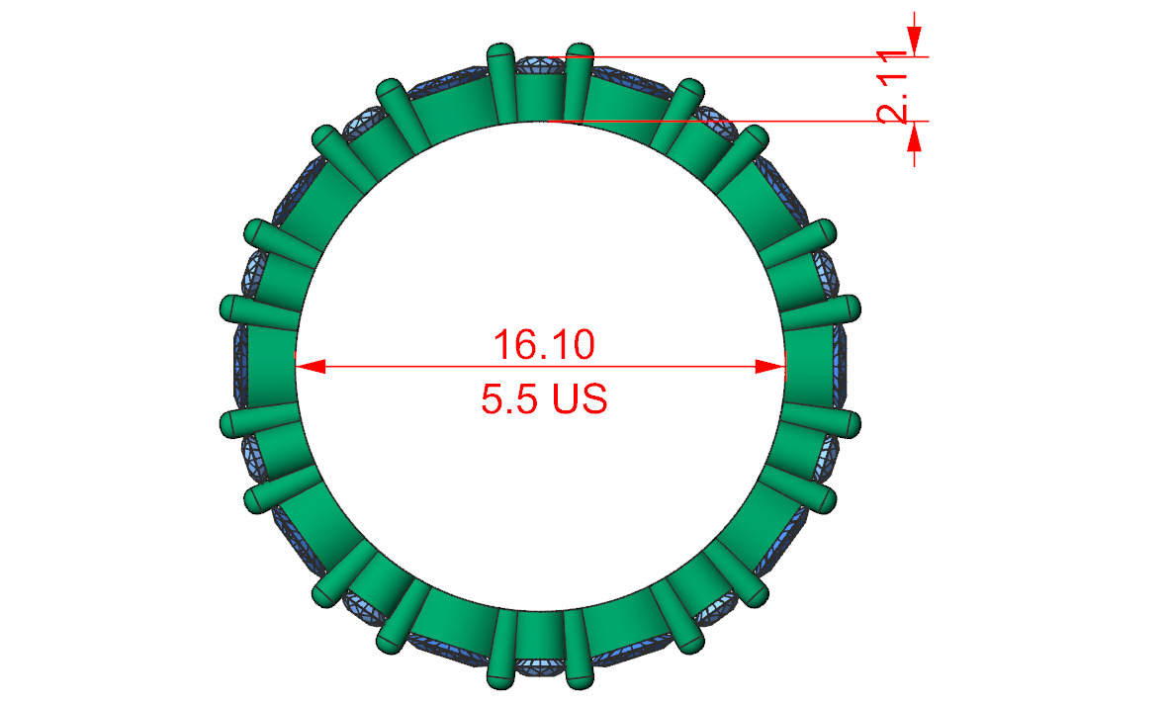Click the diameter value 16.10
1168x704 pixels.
tap(543, 345)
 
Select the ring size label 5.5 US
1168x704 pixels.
tap(543, 399)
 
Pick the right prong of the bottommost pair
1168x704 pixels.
tap(579, 653)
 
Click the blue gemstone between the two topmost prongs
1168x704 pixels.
tap(540, 65)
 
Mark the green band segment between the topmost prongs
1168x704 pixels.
tap(540, 99)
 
